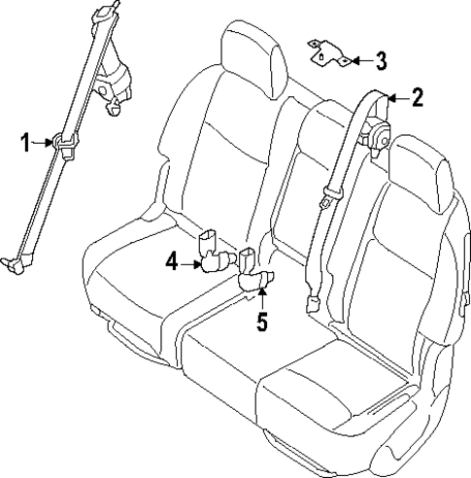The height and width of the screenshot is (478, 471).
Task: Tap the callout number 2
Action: click(417, 97)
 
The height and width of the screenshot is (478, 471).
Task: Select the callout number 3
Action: click(381, 61)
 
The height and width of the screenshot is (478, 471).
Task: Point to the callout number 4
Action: click(171, 262)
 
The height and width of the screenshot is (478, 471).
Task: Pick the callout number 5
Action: click(261, 322)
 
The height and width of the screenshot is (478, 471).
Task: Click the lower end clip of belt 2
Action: click(314, 304)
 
